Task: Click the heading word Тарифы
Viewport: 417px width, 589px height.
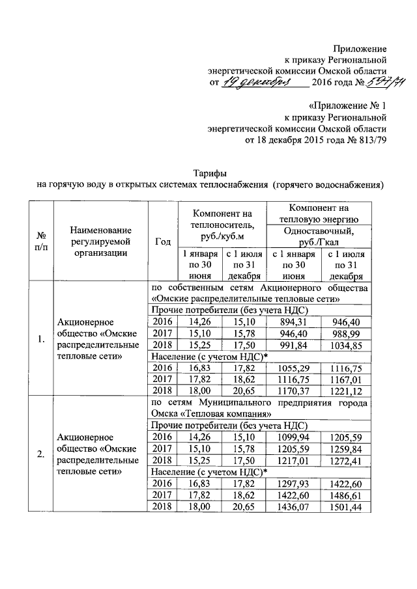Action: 210,173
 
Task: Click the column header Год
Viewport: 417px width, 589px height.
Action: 163,241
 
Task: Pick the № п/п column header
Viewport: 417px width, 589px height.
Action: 41,241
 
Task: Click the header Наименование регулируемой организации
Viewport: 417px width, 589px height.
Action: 100,241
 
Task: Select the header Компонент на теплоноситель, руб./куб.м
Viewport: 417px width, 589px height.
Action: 222,225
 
